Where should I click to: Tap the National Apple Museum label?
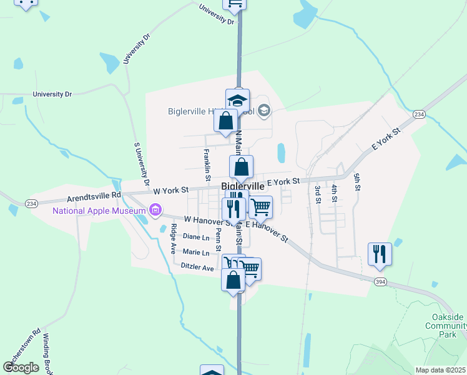pyautogui.click(x=99, y=210)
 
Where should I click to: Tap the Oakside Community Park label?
pyautogui.click(x=445, y=326)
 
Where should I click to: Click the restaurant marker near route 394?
pyautogui.click(x=380, y=254)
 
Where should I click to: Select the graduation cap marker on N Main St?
pyautogui.click(x=237, y=100)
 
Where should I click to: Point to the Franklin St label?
pyautogui.click(x=207, y=161)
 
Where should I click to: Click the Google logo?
pyautogui.click(x=21, y=367)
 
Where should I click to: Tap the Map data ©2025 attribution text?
pyautogui.click(x=440, y=370)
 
